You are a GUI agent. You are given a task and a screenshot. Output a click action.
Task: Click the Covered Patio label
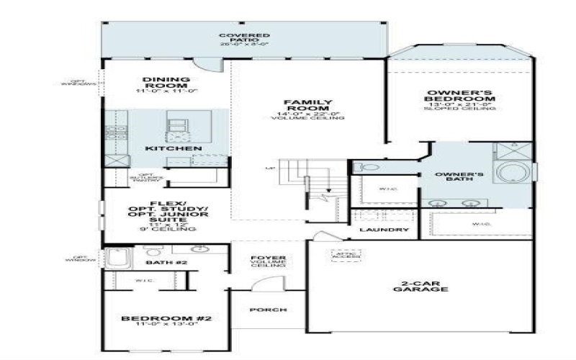pyautogui.click(x=244, y=37)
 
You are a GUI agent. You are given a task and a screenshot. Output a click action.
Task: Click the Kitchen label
pyautogui.click(x=174, y=148)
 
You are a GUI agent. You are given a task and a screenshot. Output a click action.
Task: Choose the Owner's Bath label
pyautogui.click(x=459, y=179)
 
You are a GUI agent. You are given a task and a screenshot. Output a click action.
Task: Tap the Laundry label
pyautogui.click(x=384, y=230)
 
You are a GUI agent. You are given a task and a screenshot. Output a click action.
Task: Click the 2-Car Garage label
pyautogui.click(x=421, y=285)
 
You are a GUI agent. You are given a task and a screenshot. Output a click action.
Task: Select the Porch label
pyautogui.click(x=268, y=310)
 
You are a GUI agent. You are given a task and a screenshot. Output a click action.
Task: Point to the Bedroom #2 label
pyautogui.click(x=166, y=318)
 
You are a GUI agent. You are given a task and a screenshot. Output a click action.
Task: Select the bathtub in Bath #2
pyautogui.click(x=115, y=258)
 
